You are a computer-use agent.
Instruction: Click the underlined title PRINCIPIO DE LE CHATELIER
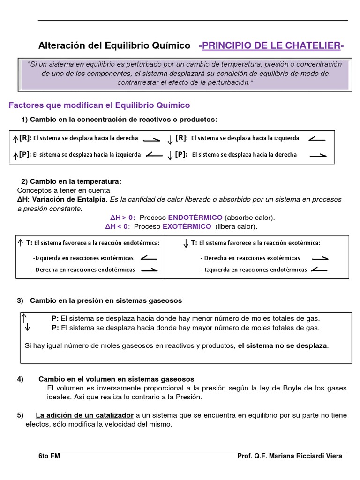coord(271,45)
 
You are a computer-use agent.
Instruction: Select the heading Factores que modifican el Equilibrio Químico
coord(99,105)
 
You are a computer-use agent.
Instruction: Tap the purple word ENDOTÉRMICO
coord(195,217)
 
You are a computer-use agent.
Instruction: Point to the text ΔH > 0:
coord(123,217)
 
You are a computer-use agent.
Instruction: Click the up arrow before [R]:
coord(15,139)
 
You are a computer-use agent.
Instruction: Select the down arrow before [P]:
coord(170,156)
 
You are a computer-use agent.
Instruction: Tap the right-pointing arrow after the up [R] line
coord(151,139)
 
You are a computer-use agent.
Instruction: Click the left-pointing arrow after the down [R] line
coord(317,138)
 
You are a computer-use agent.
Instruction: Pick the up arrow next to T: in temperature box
coord(20,242)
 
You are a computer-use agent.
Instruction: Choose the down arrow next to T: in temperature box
coord(186,243)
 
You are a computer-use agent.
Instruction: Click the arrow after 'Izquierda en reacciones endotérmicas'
coord(319,269)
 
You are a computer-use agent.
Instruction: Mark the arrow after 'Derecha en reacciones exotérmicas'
coord(320,258)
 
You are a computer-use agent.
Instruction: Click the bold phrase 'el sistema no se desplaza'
coord(283,345)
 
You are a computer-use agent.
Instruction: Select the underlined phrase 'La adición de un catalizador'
coord(85,415)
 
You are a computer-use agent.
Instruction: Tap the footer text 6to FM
coord(49,456)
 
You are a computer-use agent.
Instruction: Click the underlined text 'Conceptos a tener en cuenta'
coord(64,190)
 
